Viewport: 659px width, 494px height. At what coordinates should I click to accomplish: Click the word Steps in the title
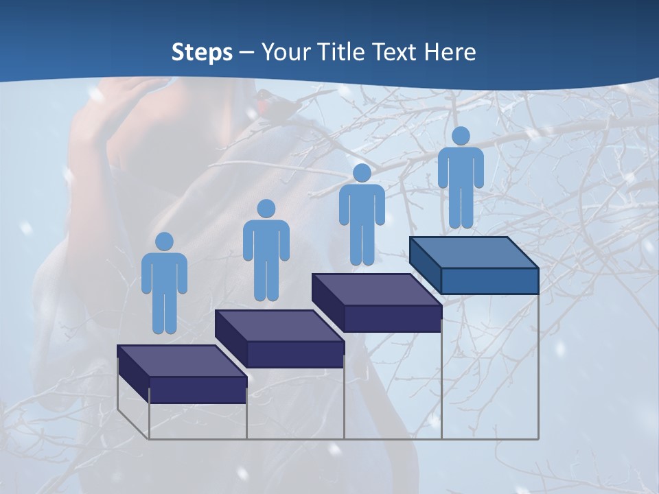pyautogui.click(x=202, y=53)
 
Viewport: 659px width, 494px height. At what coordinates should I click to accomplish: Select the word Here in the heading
pyautogui.click(x=449, y=51)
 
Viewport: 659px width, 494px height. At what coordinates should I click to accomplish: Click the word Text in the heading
pyautogui.click(x=396, y=51)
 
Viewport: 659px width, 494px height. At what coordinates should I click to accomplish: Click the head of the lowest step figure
pyautogui.click(x=164, y=242)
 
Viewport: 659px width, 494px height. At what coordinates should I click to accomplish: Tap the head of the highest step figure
pyautogui.click(x=461, y=136)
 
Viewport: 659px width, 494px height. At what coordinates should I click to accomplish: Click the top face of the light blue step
pyautogui.click(x=474, y=252)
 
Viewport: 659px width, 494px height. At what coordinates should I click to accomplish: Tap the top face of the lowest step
pyautogui.click(x=181, y=361)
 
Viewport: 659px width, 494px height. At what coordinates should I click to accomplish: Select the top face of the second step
pyautogui.click(x=279, y=325)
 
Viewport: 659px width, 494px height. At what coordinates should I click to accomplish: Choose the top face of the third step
pyautogui.click(x=376, y=290)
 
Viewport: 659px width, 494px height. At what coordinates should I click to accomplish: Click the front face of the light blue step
pyautogui.click(x=489, y=281)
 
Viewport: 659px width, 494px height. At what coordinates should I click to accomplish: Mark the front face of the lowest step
pyautogui.click(x=198, y=390)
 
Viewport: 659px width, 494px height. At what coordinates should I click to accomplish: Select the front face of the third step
pyautogui.click(x=392, y=318)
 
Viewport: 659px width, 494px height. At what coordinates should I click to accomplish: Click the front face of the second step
pyautogui.click(x=295, y=354)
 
